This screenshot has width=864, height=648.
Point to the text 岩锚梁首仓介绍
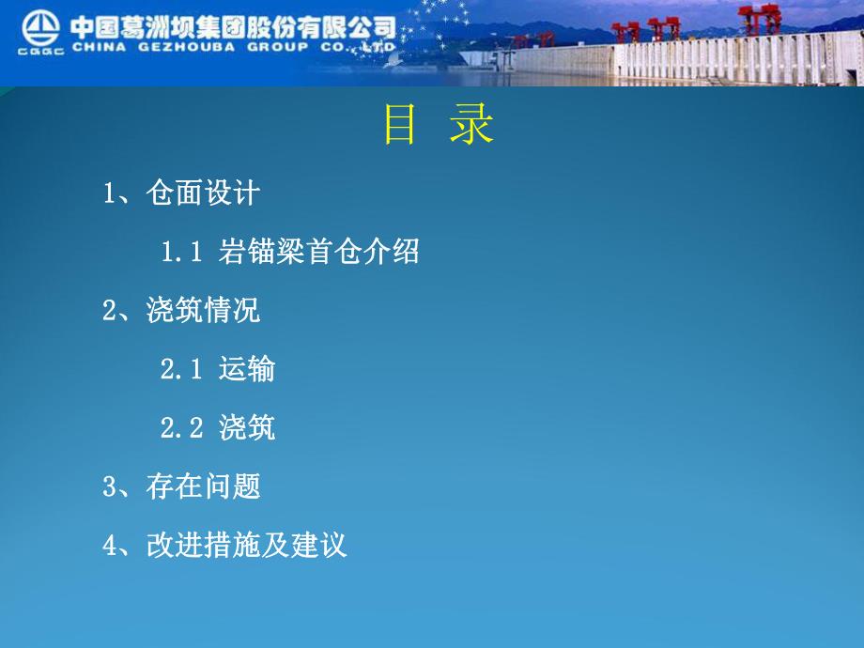(318, 252)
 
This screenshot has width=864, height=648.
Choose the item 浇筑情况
(203, 310)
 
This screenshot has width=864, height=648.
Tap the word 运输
(247, 369)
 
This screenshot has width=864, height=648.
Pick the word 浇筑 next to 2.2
(247, 427)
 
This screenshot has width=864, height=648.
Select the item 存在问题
(203, 486)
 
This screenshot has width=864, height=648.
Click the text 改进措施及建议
(247, 545)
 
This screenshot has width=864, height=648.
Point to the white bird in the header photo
(398, 57)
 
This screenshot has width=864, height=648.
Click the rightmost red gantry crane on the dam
(759, 20)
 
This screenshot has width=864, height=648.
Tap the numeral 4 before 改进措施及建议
(110, 545)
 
